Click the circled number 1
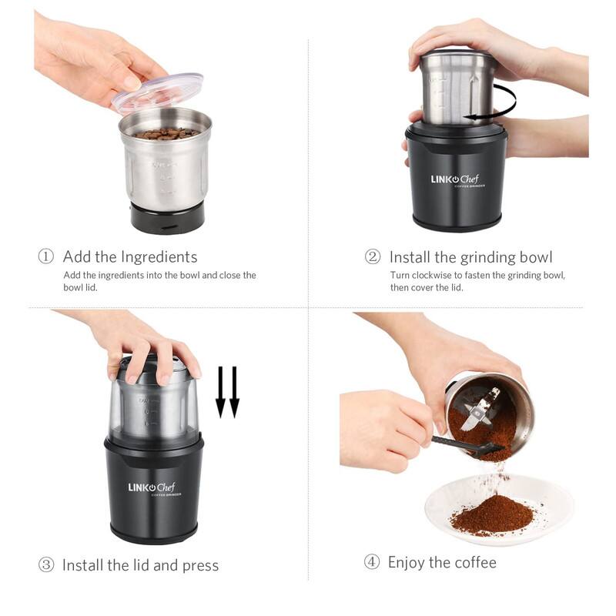point(46,257)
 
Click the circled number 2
point(373,257)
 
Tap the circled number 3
point(46,565)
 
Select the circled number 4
point(372,562)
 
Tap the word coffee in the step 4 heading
point(475,562)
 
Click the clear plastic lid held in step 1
point(158,92)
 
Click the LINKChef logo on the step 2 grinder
point(454,180)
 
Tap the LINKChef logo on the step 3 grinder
point(152,487)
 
